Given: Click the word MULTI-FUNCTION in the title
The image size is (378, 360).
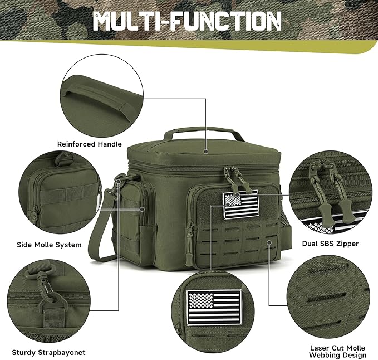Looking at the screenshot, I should [x=186, y=21].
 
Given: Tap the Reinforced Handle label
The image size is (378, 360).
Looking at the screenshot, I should [x=89, y=144].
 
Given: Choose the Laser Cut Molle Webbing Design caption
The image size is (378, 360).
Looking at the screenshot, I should [x=337, y=352].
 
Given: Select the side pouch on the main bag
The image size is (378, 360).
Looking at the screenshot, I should [x=137, y=212].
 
